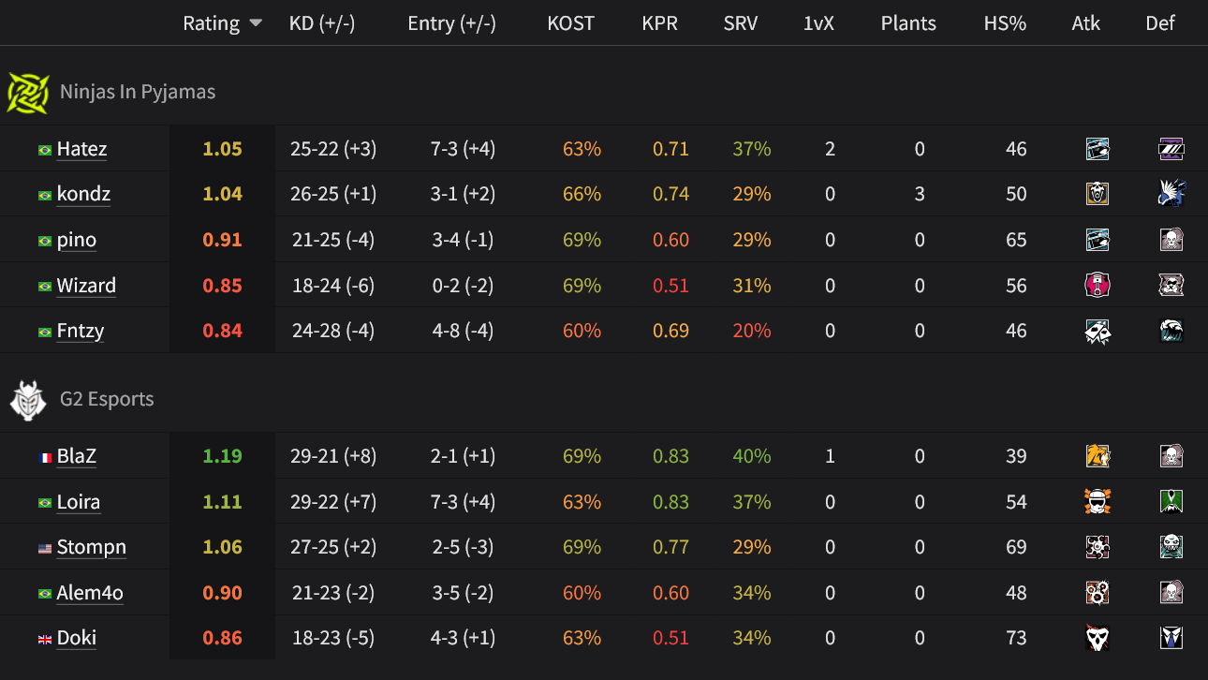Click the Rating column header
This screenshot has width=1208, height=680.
pos(211,23)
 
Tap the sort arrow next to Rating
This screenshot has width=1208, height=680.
pos(256,23)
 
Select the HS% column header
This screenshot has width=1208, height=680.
pos(1005,23)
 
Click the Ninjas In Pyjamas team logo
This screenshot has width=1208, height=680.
pos(27,93)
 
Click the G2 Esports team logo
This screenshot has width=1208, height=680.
pos(27,400)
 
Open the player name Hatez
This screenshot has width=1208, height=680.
pos(81,149)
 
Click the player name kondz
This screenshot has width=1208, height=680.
pos(83,195)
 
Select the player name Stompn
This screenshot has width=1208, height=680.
pos(91,547)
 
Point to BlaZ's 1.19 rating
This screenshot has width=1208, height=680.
pos(222,456)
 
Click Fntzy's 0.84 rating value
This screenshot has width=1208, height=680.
pos(222,331)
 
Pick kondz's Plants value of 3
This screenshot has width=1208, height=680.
pos(920,195)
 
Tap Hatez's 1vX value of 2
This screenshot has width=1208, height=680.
pos(830,149)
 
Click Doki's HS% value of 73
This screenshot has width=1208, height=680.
pos(1016,638)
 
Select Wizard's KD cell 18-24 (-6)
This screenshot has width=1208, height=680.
pos(333,286)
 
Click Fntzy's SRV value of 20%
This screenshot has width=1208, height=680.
pos(752,331)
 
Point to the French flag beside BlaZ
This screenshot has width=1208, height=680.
pos(45,457)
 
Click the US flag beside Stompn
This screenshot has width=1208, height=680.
pos(45,548)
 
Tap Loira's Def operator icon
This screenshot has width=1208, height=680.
pos(1171,502)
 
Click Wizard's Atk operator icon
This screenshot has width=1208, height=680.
pos(1097,286)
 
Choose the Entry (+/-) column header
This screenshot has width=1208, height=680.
pos(451,23)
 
